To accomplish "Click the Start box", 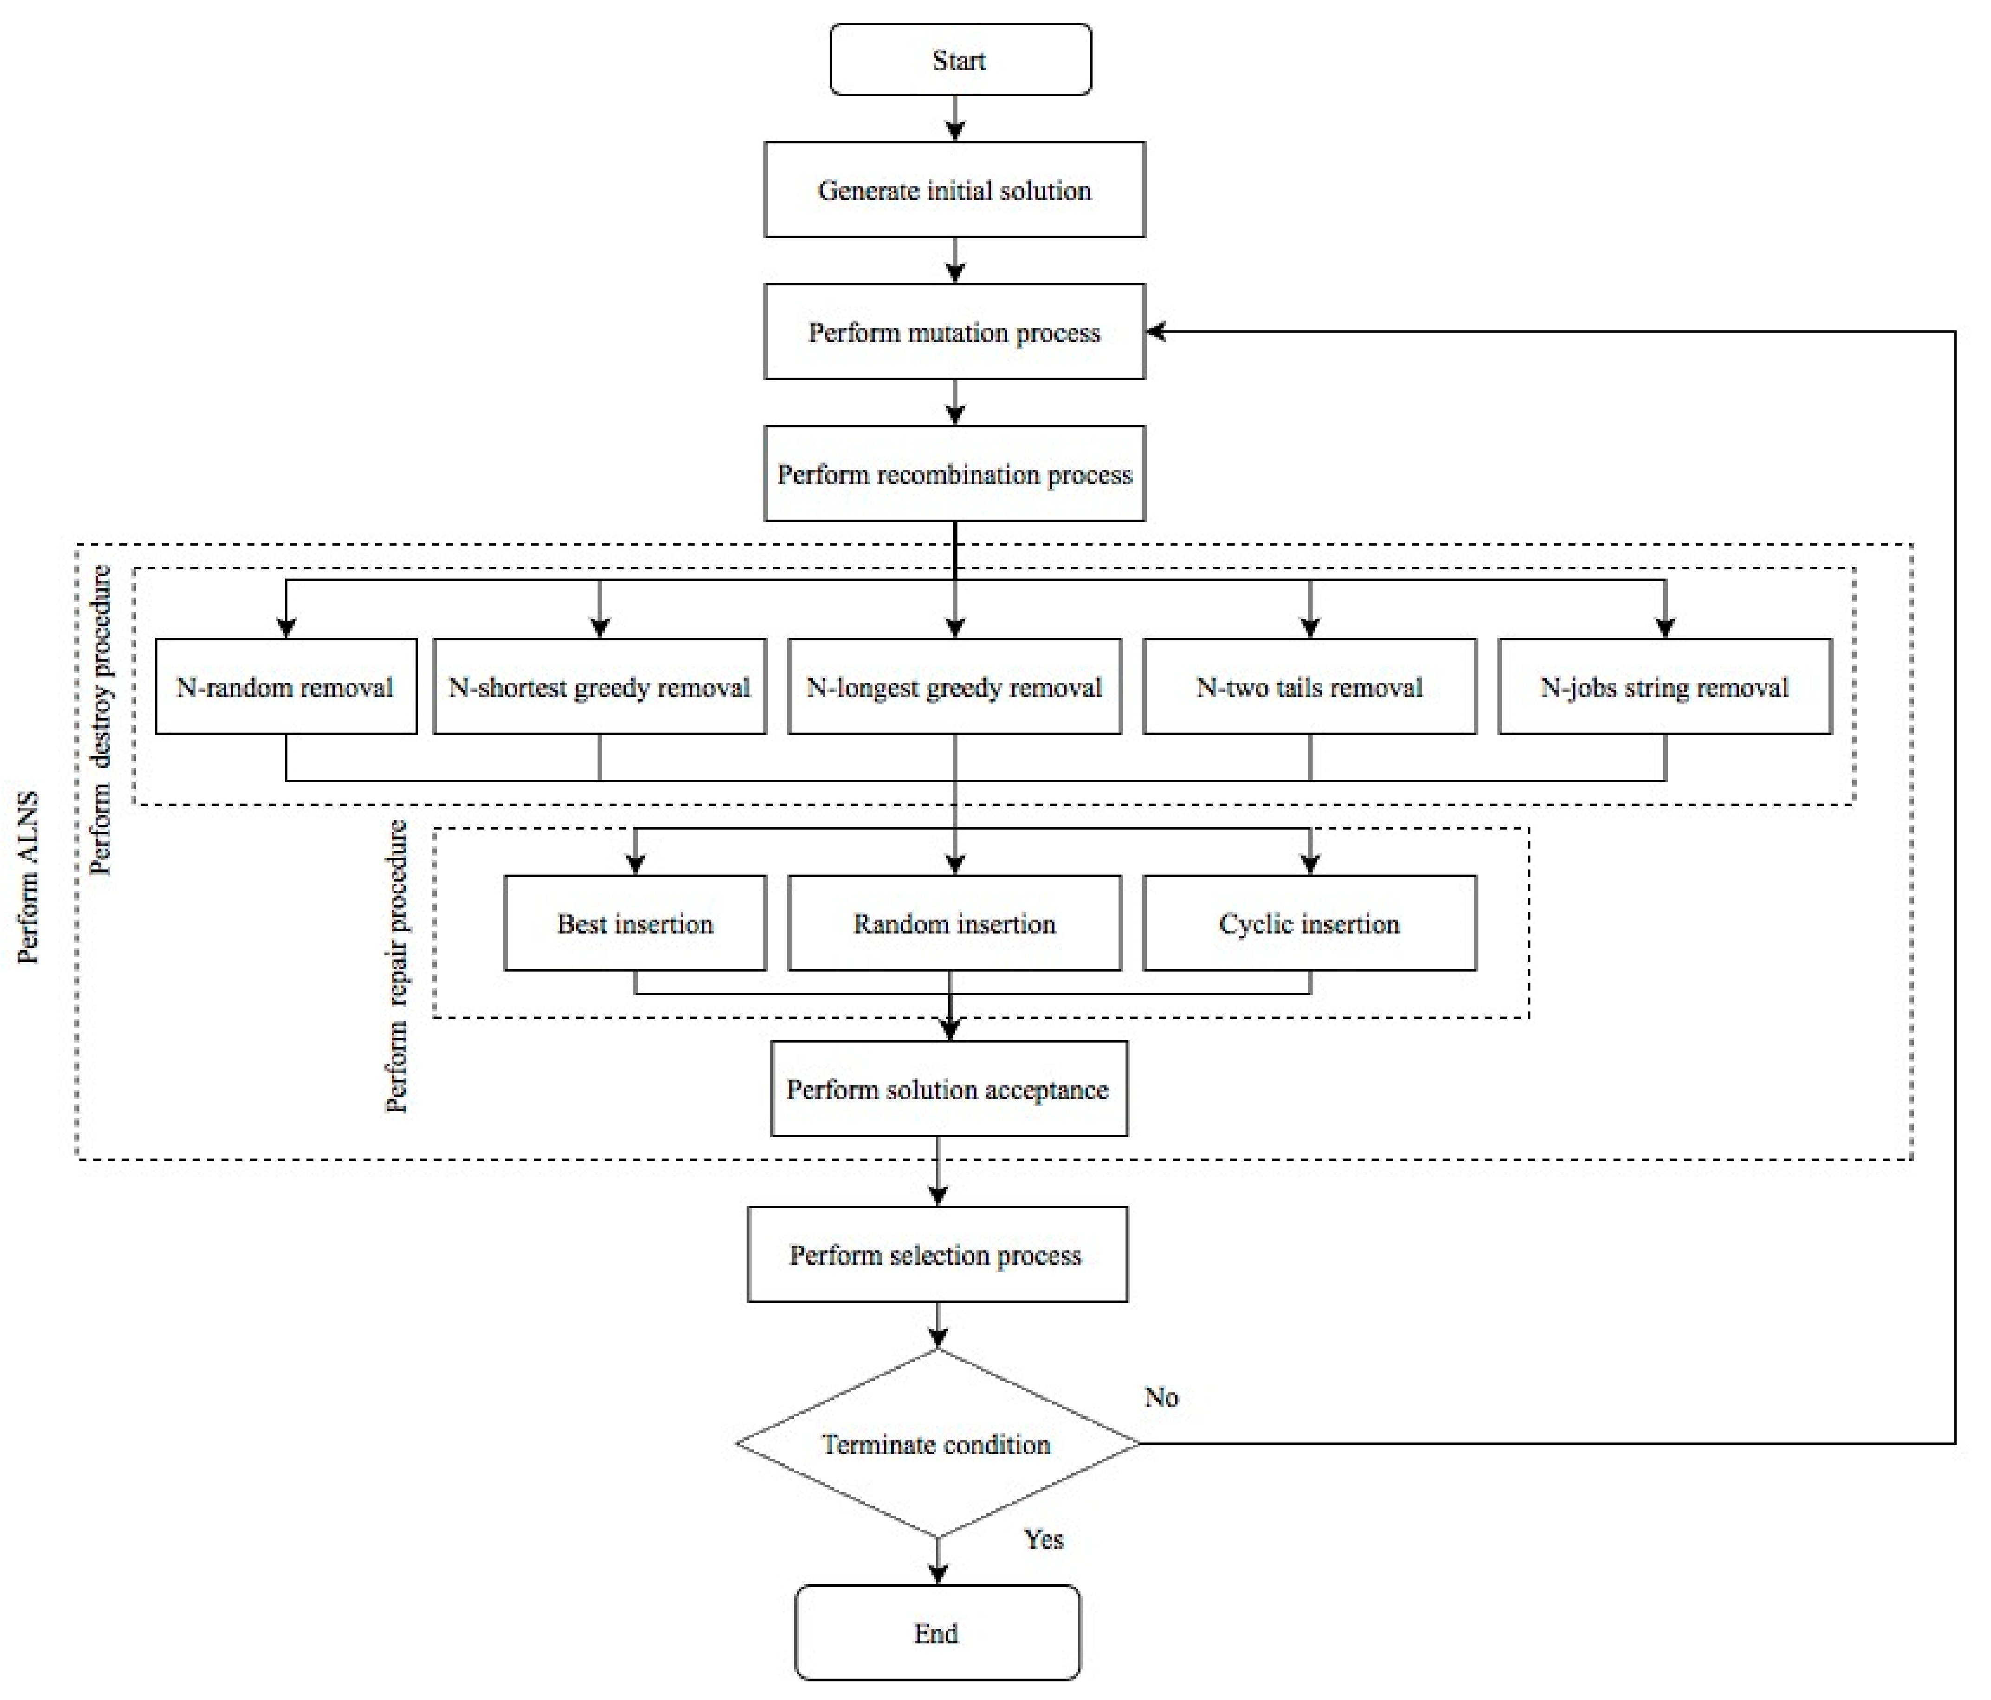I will coord(960,59).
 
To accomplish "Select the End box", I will coord(937,1633).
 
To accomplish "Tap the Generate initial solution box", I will coord(954,190).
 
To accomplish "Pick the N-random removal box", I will coord(286,687).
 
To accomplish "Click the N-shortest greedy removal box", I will coord(599,687).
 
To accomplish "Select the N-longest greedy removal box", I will coord(954,687).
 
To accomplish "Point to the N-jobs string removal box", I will coord(1664,687).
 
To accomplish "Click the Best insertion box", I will coord(635,923).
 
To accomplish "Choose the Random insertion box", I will coord(954,923).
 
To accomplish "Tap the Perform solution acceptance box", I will coord(949,1089).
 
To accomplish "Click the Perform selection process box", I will coord(937,1254).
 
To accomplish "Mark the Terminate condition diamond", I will coord(937,1443).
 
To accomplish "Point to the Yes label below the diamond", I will coord(1043,1539).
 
